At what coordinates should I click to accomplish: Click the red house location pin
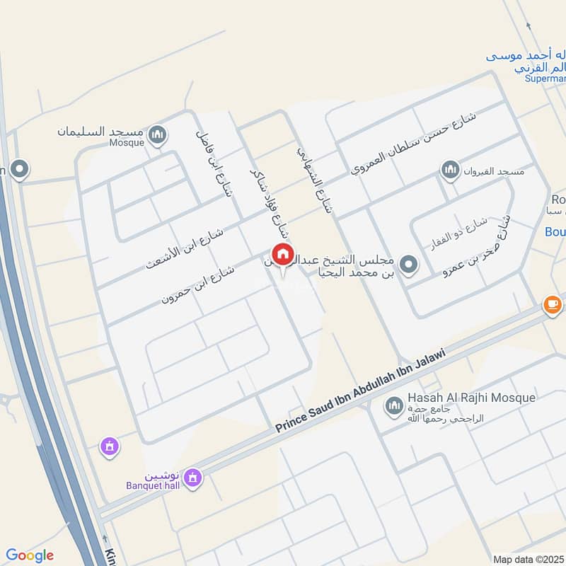[282, 254]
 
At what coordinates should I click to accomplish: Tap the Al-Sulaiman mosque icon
[158, 133]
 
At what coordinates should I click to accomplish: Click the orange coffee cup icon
[552, 305]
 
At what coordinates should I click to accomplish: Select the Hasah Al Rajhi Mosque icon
[393, 406]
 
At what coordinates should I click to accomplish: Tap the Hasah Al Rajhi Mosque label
[471, 398]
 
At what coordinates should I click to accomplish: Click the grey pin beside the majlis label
[408, 265]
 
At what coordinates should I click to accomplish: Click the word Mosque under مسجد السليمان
[127, 142]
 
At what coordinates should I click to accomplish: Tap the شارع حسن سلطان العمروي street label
[414, 144]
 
